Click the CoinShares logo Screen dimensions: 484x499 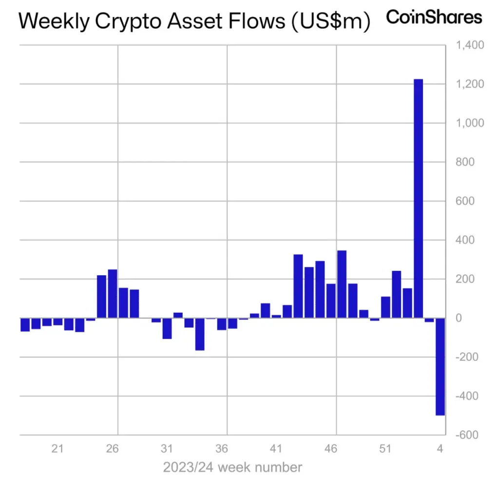point(434,18)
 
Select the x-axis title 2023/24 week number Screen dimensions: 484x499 point(232,467)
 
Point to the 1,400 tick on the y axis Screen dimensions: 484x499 point(469,45)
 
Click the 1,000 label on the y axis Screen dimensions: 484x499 point(469,123)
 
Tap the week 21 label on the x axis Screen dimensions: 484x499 point(58,449)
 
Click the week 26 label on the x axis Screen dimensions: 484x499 point(113,449)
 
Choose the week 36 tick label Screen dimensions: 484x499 point(222,449)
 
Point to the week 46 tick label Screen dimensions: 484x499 point(331,449)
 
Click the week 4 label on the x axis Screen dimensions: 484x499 point(440,449)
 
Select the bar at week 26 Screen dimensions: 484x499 point(113,293)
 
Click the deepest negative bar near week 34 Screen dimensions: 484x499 point(200,334)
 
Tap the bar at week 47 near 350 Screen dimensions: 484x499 point(342,284)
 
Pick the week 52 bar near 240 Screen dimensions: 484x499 point(396,294)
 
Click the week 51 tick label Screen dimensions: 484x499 point(385,449)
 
